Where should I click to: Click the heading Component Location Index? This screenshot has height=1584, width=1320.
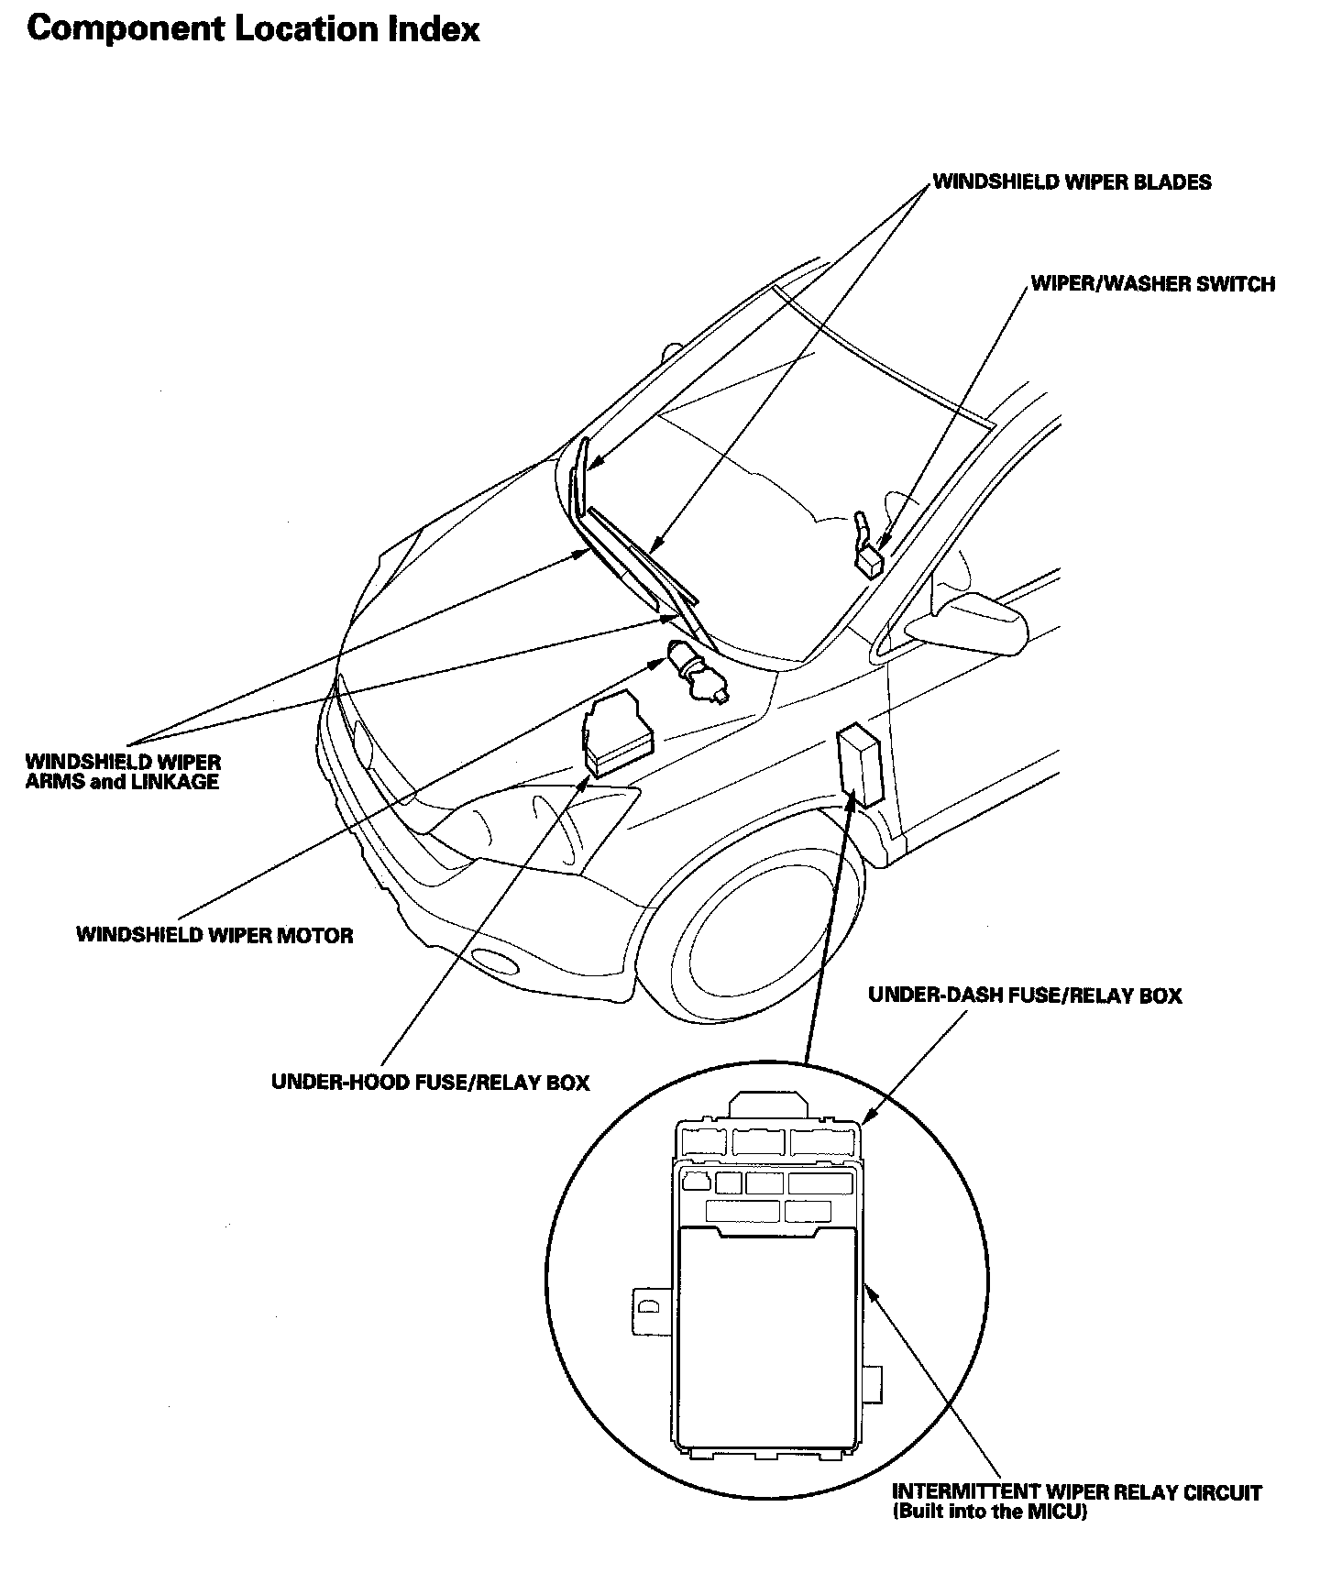pos(253,29)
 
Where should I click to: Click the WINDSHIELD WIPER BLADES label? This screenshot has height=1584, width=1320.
pos(1072,181)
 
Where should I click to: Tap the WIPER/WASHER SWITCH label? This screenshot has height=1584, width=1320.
pos(1152,283)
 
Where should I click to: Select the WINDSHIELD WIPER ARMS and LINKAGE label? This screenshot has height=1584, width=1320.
pos(123,772)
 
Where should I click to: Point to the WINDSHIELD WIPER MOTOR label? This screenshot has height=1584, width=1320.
pos(214,935)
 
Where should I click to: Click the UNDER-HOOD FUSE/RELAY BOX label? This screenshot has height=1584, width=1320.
pos(430,1082)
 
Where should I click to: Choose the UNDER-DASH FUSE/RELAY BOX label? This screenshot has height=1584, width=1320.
pos(1025,995)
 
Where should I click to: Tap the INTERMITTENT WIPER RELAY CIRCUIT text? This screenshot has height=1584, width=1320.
pos(1076,1492)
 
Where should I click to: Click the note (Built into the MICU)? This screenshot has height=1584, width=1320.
pos(989,1512)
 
